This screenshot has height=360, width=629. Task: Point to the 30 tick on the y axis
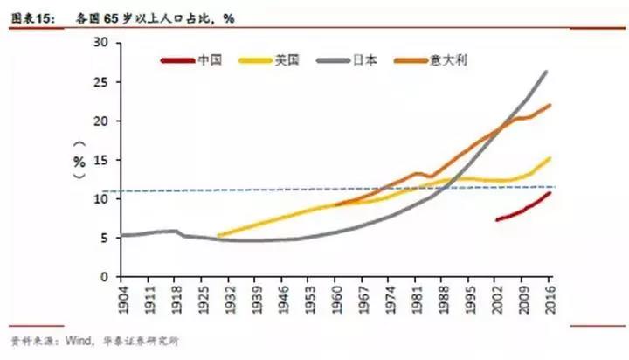tap(100, 43)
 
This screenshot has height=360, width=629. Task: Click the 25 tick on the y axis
tap(100, 82)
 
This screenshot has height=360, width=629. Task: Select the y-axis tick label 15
tap(100, 160)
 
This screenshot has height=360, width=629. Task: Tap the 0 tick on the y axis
tap(104, 277)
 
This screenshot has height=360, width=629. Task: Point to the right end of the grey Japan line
tap(547, 72)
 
